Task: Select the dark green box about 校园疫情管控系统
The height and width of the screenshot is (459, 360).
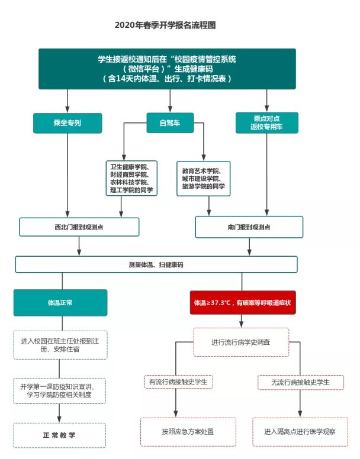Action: (167, 69)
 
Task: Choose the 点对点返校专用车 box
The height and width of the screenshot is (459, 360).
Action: (266, 122)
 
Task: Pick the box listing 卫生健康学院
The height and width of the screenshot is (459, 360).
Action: (131, 177)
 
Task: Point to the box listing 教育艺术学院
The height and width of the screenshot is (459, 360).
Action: (204, 178)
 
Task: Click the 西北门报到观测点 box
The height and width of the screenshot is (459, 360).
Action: (79, 227)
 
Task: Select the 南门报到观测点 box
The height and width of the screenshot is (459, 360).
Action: (249, 227)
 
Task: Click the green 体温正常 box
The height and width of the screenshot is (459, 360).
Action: (60, 303)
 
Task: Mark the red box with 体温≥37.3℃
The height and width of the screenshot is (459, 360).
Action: (243, 303)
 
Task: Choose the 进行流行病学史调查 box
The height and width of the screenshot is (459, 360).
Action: (241, 342)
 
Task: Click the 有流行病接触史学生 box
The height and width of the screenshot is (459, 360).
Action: (179, 382)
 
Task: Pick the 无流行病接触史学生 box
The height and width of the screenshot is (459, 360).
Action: (300, 382)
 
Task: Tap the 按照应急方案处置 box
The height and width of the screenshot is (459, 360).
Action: (188, 432)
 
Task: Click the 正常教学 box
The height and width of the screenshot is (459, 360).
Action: (59, 435)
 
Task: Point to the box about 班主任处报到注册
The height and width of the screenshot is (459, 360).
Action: (59, 344)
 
